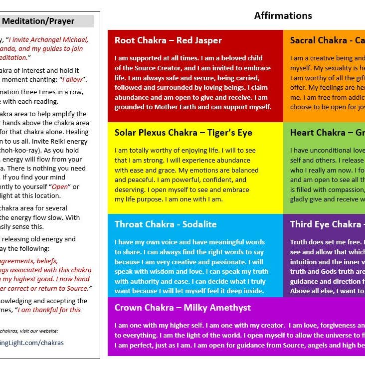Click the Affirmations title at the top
[283, 15]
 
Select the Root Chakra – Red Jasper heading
[168, 40]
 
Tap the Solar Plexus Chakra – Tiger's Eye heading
[183, 133]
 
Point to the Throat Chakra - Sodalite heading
[166, 224]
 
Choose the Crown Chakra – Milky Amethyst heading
[182, 308]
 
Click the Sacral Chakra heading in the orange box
[327, 40]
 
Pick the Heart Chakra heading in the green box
[327, 133]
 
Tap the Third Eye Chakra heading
[327, 224]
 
